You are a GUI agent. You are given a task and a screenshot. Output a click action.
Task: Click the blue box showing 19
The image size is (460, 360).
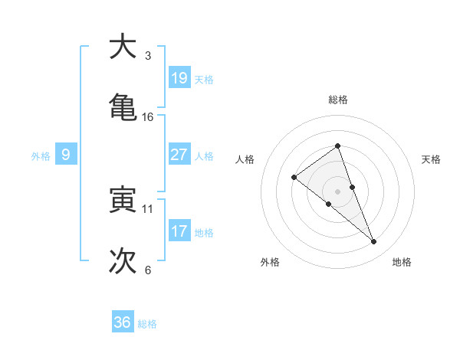pyautogui.click(x=179, y=78)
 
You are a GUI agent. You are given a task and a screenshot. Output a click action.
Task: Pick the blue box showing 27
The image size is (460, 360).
pyautogui.click(x=179, y=155)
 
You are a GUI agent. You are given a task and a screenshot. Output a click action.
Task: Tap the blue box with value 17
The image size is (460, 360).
pyautogui.click(x=179, y=231)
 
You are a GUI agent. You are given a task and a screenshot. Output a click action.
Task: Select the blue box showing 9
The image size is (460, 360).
pyautogui.click(x=66, y=155)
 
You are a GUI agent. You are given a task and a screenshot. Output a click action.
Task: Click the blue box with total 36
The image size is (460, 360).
pyautogui.click(x=123, y=322)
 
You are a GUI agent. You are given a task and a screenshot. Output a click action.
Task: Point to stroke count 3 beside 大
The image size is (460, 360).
pyautogui.click(x=148, y=56)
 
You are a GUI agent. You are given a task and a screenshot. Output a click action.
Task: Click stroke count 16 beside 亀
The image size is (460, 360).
pyautogui.click(x=148, y=116)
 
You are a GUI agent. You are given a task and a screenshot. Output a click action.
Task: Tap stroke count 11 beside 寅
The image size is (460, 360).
pyautogui.click(x=148, y=208)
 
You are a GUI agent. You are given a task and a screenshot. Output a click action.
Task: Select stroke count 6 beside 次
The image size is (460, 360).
pyautogui.click(x=148, y=270)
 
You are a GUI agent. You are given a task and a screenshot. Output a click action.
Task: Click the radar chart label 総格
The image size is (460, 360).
pyautogui.click(x=337, y=100)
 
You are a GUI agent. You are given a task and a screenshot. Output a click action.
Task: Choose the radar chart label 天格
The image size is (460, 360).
pyautogui.click(x=432, y=159)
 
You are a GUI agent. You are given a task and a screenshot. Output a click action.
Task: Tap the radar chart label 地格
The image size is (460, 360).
pyautogui.click(x=402, y=262)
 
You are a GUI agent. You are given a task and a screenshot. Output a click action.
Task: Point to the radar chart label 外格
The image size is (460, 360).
pyautogui.click(x=270, y=262)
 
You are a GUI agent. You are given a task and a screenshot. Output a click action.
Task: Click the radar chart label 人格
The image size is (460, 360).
pyautogui.click(x=245, y=159)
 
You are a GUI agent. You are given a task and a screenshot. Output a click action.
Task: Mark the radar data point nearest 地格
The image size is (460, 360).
pyautogui.click(x=374, y=242)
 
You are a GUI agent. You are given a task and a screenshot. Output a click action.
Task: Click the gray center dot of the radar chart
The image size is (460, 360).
pyautogui.click(x=337, y=191)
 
